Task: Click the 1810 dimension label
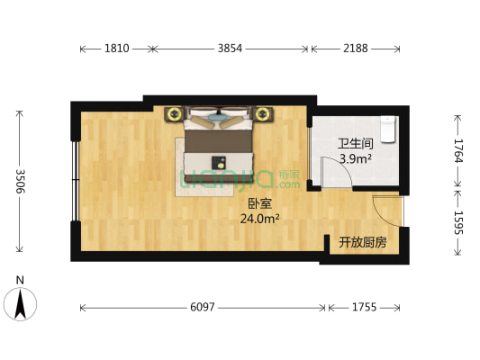[116, 48]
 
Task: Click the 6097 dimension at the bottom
[203, 308]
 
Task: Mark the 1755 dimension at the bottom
[363, 308]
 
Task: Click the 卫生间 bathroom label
[354, 144]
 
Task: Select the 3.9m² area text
[355, 159]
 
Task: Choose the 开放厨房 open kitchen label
[363, 243]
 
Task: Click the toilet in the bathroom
[388, 129]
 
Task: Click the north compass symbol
[20, 303]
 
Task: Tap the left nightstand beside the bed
[172, 113]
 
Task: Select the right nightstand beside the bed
[263, 113]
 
